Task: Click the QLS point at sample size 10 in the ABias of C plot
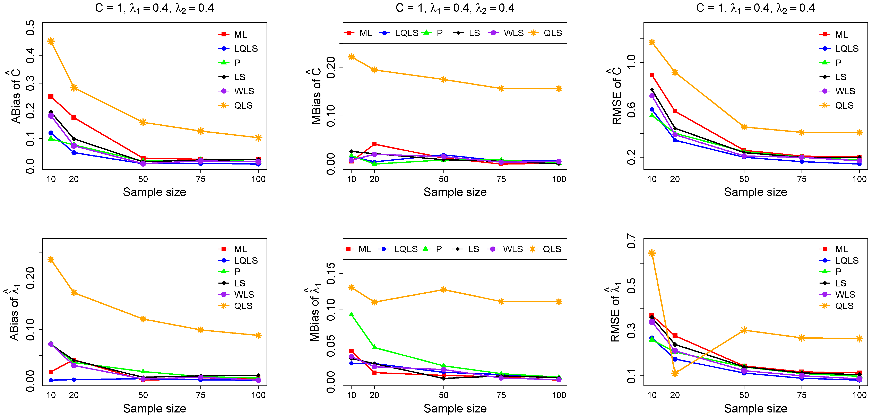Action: point(51,41)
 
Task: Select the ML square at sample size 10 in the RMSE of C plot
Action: point(652,75)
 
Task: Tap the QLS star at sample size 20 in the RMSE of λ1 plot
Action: point(675,373)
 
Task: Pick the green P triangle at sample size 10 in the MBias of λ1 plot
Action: point(352,314)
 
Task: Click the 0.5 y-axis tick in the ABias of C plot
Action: point(31,28)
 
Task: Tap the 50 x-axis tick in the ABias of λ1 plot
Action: point(143,395)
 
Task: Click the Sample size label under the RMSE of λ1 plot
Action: point(755,409)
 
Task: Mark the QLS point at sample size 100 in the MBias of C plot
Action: point(559,89)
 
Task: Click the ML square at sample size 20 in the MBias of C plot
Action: point(374,144)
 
